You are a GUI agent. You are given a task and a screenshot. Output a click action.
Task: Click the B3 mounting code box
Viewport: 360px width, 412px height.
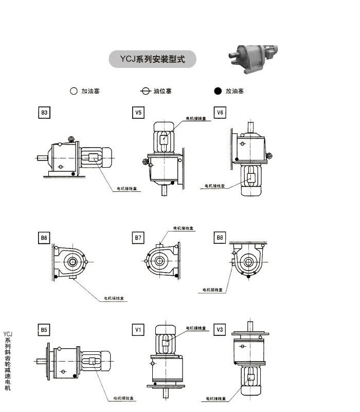44,113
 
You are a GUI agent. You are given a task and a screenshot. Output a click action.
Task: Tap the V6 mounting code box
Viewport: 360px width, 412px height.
220,113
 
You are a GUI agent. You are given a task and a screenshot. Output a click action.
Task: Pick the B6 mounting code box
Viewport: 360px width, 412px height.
44,238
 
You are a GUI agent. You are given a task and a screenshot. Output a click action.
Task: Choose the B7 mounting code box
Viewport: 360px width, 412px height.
138,238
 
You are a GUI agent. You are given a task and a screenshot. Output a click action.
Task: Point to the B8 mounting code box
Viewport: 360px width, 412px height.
220,238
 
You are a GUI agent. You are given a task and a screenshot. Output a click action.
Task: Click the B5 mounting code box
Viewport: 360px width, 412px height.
44,329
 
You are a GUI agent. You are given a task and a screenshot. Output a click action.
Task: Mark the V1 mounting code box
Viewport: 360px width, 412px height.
138,329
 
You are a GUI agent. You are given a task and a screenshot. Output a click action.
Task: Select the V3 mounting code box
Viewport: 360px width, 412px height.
220,329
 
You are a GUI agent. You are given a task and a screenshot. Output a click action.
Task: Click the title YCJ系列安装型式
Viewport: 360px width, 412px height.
152,59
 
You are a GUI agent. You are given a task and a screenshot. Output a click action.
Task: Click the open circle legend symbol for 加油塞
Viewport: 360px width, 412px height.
73,91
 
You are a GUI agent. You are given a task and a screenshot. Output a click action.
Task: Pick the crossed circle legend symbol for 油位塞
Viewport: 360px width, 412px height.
145,91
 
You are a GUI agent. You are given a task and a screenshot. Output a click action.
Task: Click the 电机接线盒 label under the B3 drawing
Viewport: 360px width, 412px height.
125,189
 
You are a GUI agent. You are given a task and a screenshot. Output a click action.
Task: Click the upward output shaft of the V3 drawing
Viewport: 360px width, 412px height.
250,326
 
